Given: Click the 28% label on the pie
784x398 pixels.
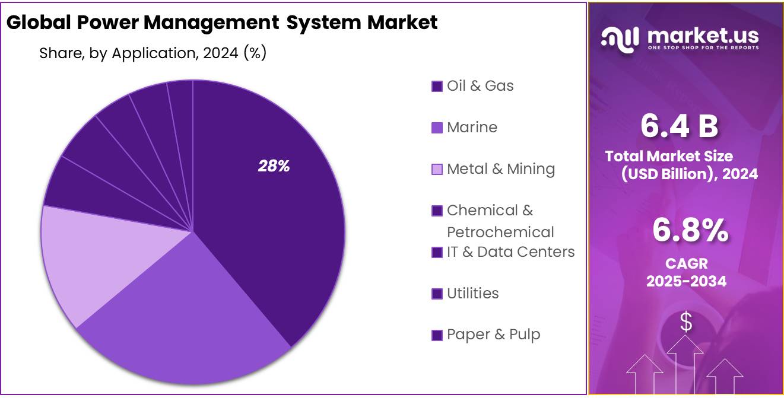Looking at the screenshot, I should coord(274,167).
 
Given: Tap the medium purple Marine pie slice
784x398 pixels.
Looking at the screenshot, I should coord(184,320).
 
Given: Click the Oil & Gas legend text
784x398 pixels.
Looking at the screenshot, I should coord(480,86).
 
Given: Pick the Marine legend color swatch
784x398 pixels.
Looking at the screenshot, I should coord(437,128).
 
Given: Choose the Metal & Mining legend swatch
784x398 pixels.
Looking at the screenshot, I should coord(437,170).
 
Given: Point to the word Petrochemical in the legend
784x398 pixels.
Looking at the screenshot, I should coord(500,232).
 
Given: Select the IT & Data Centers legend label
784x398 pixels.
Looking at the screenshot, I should coord(510,252).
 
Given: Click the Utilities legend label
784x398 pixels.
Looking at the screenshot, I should coord(472,294).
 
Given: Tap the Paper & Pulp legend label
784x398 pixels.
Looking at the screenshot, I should coord(493,335).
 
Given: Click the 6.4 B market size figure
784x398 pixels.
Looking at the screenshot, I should coord(679,126).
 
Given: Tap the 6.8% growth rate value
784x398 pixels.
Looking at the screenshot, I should coord(690,230).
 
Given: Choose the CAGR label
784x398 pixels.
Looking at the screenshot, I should coord(686,263).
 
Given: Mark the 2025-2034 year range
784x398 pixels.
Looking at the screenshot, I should coord(686,281).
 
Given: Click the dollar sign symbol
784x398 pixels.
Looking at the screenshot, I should coord(685,323).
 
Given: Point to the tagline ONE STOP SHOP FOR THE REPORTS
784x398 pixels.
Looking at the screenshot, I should coord(703,47).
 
